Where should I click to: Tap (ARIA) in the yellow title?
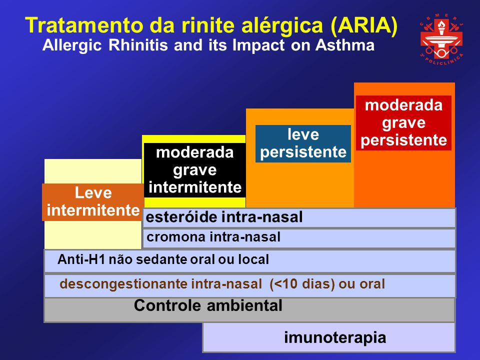click(364, 25)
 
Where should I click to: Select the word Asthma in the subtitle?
click(345, 45)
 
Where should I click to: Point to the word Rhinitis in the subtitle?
click(138, 45)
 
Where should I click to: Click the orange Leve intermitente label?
click(93, 202)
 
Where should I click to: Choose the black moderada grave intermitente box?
click(194, 170)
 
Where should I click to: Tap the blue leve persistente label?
click(303, 143)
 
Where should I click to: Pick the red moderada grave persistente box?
click(403, 123)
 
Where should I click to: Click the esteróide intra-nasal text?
click(224, 217)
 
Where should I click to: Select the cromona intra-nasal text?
click(213, 237)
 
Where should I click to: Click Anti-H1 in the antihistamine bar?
click(81, 259)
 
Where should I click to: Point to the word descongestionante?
click(123, 284)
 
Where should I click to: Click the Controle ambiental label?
click(208, 305)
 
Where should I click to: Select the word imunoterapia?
click(335, 337)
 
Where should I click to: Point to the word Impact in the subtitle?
click(258, 45)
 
